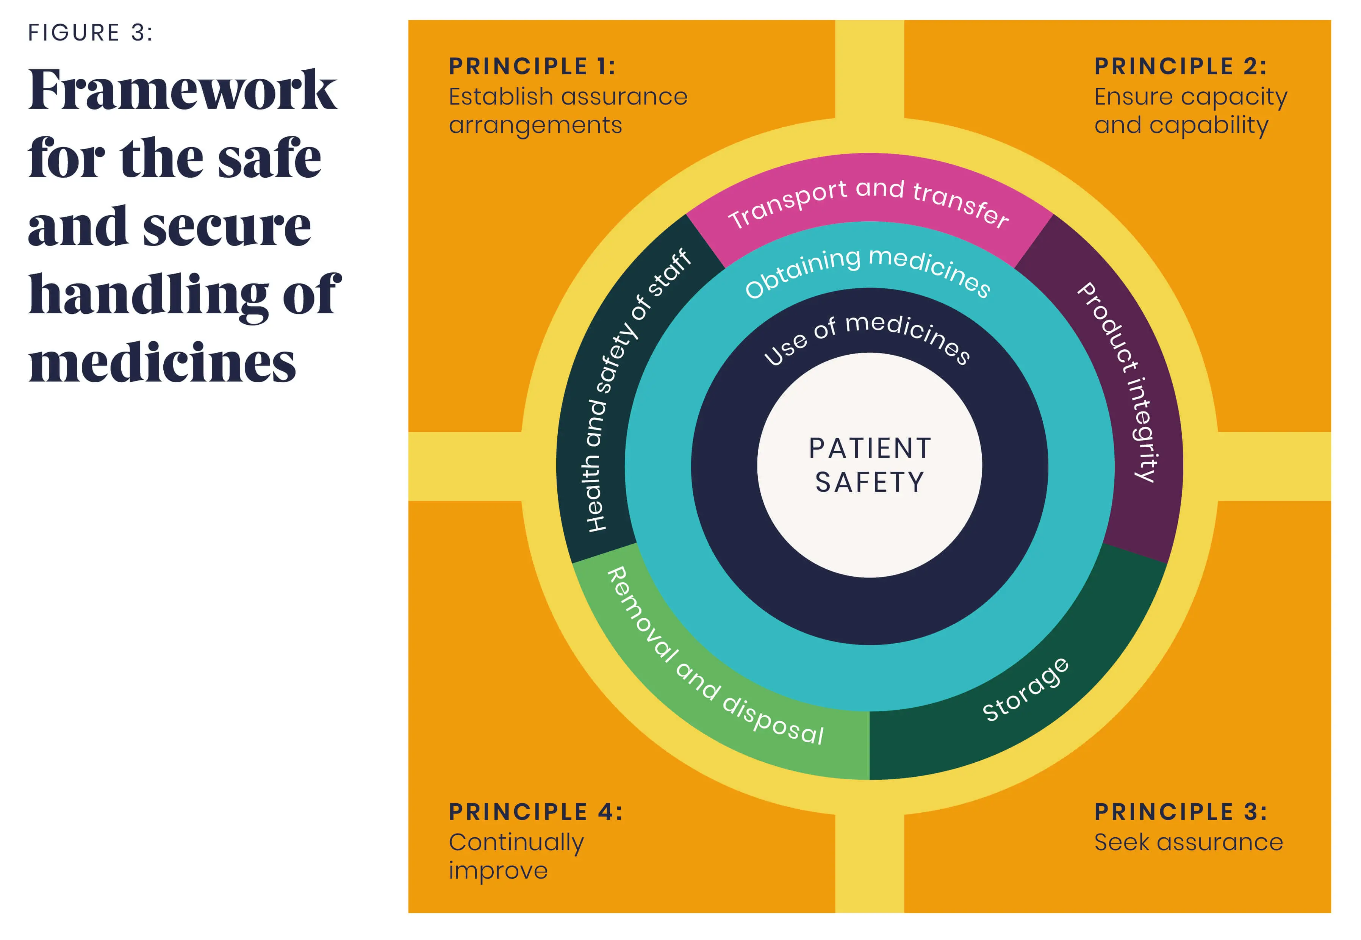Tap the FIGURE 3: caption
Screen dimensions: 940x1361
click(x=90, y=33)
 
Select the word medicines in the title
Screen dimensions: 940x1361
click(x=162, y=363)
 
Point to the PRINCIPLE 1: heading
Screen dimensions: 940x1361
click(x=532, y=67)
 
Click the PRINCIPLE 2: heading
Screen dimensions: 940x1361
click(x=1180, y=67)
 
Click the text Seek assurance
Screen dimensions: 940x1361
click(x=1188, y=842)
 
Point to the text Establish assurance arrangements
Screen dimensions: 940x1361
click(x=567, y=111)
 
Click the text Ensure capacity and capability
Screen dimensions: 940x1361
click(x=1190, y=111)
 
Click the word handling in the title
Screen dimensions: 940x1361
click(x=147, y=294)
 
